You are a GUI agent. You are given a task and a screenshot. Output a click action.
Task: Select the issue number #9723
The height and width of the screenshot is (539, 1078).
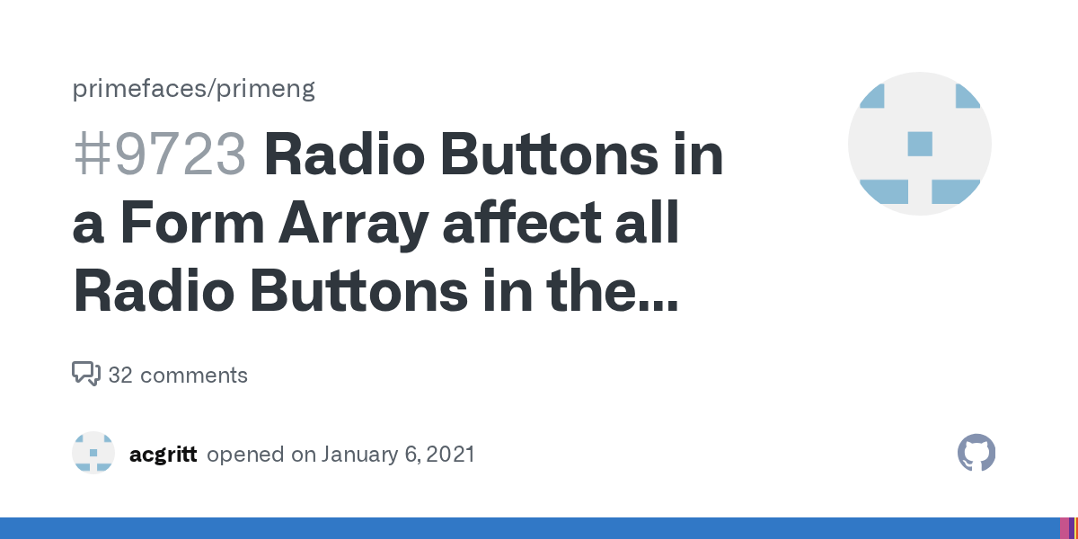click(x=159, y=155)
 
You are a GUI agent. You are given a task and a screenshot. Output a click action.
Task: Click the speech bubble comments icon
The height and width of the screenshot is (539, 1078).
click(x=85, y=374)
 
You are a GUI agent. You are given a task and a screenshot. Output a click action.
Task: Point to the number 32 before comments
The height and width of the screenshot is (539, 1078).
click(x=120, y=376)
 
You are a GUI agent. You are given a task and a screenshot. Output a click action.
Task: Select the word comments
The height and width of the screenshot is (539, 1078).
click(x=194, y=376)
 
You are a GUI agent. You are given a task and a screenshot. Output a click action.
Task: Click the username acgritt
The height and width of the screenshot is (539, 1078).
click(x=163, y=455)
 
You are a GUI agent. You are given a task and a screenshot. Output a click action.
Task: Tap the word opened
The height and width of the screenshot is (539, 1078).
click(x=246, y=455)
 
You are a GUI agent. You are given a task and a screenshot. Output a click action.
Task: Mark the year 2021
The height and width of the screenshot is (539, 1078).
click(x=449, y=455)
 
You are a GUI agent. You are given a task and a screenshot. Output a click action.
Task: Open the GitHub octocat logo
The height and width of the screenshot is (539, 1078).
click(x=976, y=453)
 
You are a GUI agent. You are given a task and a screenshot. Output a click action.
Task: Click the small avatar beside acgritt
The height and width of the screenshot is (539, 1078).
click(x=93, y=453)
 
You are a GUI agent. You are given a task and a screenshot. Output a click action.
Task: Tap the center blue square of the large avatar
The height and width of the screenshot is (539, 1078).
click(x=920, y=144)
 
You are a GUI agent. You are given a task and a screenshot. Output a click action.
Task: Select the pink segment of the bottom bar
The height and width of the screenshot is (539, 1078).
click(x=1065, y=528)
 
